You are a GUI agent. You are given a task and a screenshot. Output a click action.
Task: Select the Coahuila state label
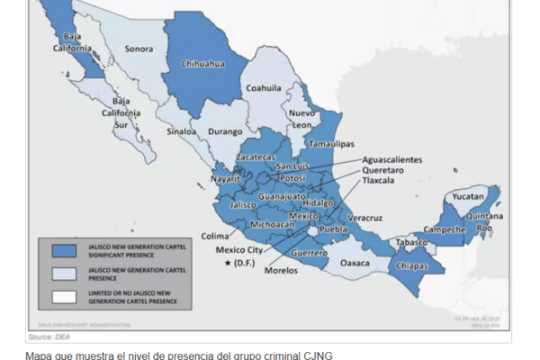point(264,87)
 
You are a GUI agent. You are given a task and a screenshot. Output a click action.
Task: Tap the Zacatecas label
point(256,157)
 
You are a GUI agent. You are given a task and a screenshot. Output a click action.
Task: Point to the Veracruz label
point(364,217)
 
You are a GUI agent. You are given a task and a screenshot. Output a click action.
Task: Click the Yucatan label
point(467,195)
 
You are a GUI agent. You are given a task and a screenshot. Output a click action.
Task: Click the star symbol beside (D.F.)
point(229,262)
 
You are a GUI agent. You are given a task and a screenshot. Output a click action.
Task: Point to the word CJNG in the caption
point(316,355)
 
